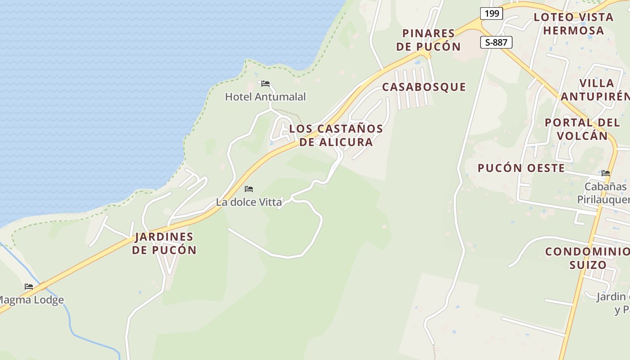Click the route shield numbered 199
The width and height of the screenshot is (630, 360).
click(x=491, y=13)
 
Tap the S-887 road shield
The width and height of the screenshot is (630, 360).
click(x=496, y=43)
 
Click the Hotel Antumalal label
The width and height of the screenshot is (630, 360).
click(x=265, y=97)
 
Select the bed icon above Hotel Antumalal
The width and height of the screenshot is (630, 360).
click(x=265, y=84)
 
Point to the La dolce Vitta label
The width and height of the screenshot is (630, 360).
click(x=249, y=202)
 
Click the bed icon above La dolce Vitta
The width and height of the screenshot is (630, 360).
click(x=249, y=189)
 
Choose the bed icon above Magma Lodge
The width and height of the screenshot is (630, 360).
click(x=29, y=287)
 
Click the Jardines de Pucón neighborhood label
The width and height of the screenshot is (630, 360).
click(x=164, y=243)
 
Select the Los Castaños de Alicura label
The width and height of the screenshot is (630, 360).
click(x=336, y=135)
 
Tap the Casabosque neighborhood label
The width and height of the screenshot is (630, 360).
click(x=424, y=87)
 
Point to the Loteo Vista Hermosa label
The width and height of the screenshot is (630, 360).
click(x=573, y=24)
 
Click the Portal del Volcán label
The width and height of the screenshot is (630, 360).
click(x=582, y=129)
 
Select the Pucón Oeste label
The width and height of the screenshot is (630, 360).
click(x=521, y=168)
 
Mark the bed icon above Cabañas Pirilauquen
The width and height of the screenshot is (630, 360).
click(x=606, y=173)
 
